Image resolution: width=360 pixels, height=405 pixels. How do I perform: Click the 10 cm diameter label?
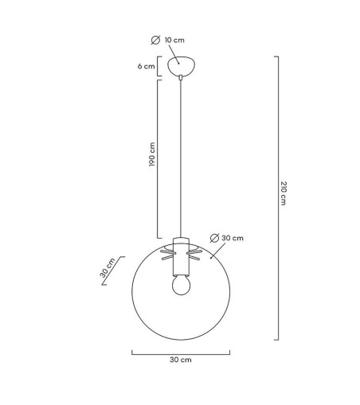(174, 40)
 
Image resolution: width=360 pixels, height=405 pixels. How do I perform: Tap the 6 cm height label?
(146, 66)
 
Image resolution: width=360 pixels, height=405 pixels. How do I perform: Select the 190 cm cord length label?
(152, 154)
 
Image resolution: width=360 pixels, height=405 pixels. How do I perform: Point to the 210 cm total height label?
(284, 193)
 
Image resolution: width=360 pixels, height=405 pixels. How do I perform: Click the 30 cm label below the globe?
(181, 360)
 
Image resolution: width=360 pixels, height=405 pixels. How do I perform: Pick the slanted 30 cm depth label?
(108, 267)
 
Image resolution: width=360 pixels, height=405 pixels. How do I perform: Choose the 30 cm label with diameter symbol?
(233, 238)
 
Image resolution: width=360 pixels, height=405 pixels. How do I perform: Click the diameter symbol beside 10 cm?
(155, 40)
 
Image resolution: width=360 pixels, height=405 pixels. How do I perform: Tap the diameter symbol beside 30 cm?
(214, 238)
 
